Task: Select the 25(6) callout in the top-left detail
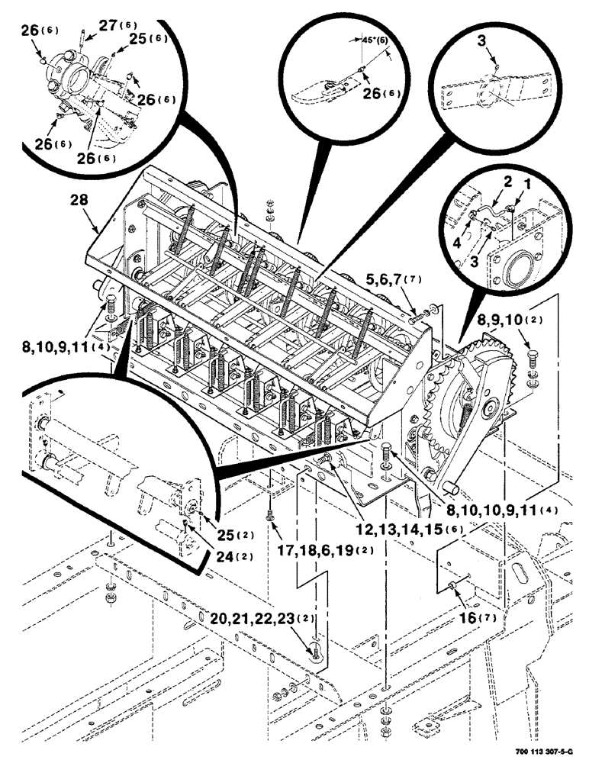146,38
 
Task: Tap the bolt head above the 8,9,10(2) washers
531,355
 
